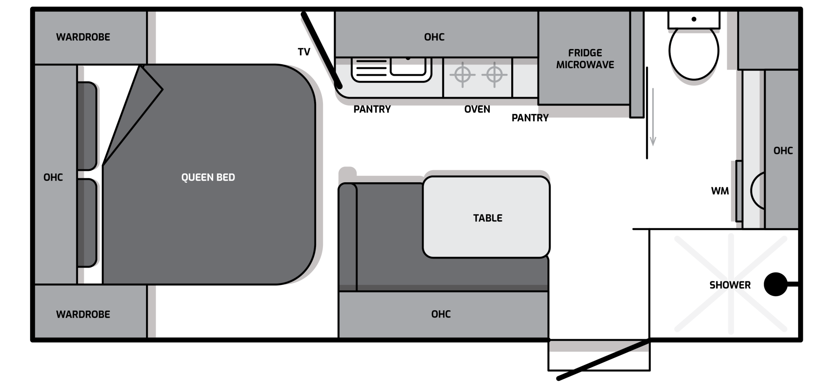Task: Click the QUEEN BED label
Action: (x=208, y=177)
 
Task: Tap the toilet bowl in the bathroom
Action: (x=694, y=52)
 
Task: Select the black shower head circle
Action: (x=775, y=284)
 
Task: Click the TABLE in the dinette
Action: (x=486, y=217)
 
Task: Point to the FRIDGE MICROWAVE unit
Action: (x=584, y=58)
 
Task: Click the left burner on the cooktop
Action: (x=462, y=75)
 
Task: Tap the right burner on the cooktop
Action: (x=494, y=75)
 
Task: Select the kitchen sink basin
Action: (x=408, y=67)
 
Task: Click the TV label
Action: (x=304, y=52)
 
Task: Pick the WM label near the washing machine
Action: (x=720, y=191)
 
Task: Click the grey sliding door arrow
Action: (x=653, y=117)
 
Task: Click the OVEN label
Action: (x=477, y=109)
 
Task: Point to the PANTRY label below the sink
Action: (x=372, y=109)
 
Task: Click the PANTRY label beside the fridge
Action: (x=530, y=118)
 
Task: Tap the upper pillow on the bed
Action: (x=87, y=126)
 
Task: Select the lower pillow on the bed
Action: (x=87, y=223)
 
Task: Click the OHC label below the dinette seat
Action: (x=441, y=314)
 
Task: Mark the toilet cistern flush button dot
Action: (x=694, y=19)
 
